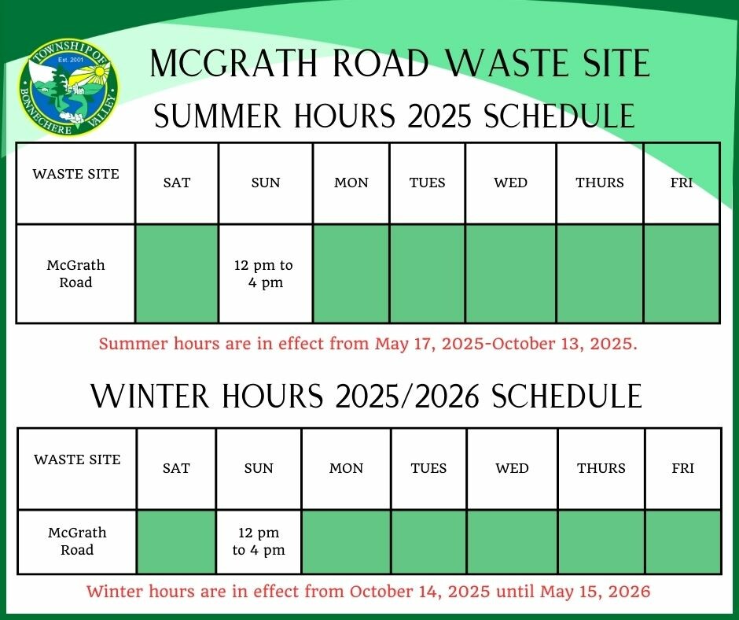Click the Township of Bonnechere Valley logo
point(69,88)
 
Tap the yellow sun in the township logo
point(99,72)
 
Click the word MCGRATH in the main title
point(233,63)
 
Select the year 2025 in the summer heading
point(439,116)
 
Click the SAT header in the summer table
point(177,183)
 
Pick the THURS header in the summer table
point(600,183)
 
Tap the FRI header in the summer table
point(682,183)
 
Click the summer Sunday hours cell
point(266,274)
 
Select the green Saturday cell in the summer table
point(177,274)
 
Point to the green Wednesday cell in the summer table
point(510,274)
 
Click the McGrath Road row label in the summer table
point(75,274)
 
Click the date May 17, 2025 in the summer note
point(428,344)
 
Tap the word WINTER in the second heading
point(150,396)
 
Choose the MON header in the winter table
point(347,468)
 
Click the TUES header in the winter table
point(428,468)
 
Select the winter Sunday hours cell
point(259,541)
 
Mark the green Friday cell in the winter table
point(683,541)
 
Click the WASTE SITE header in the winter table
point(77,459)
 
